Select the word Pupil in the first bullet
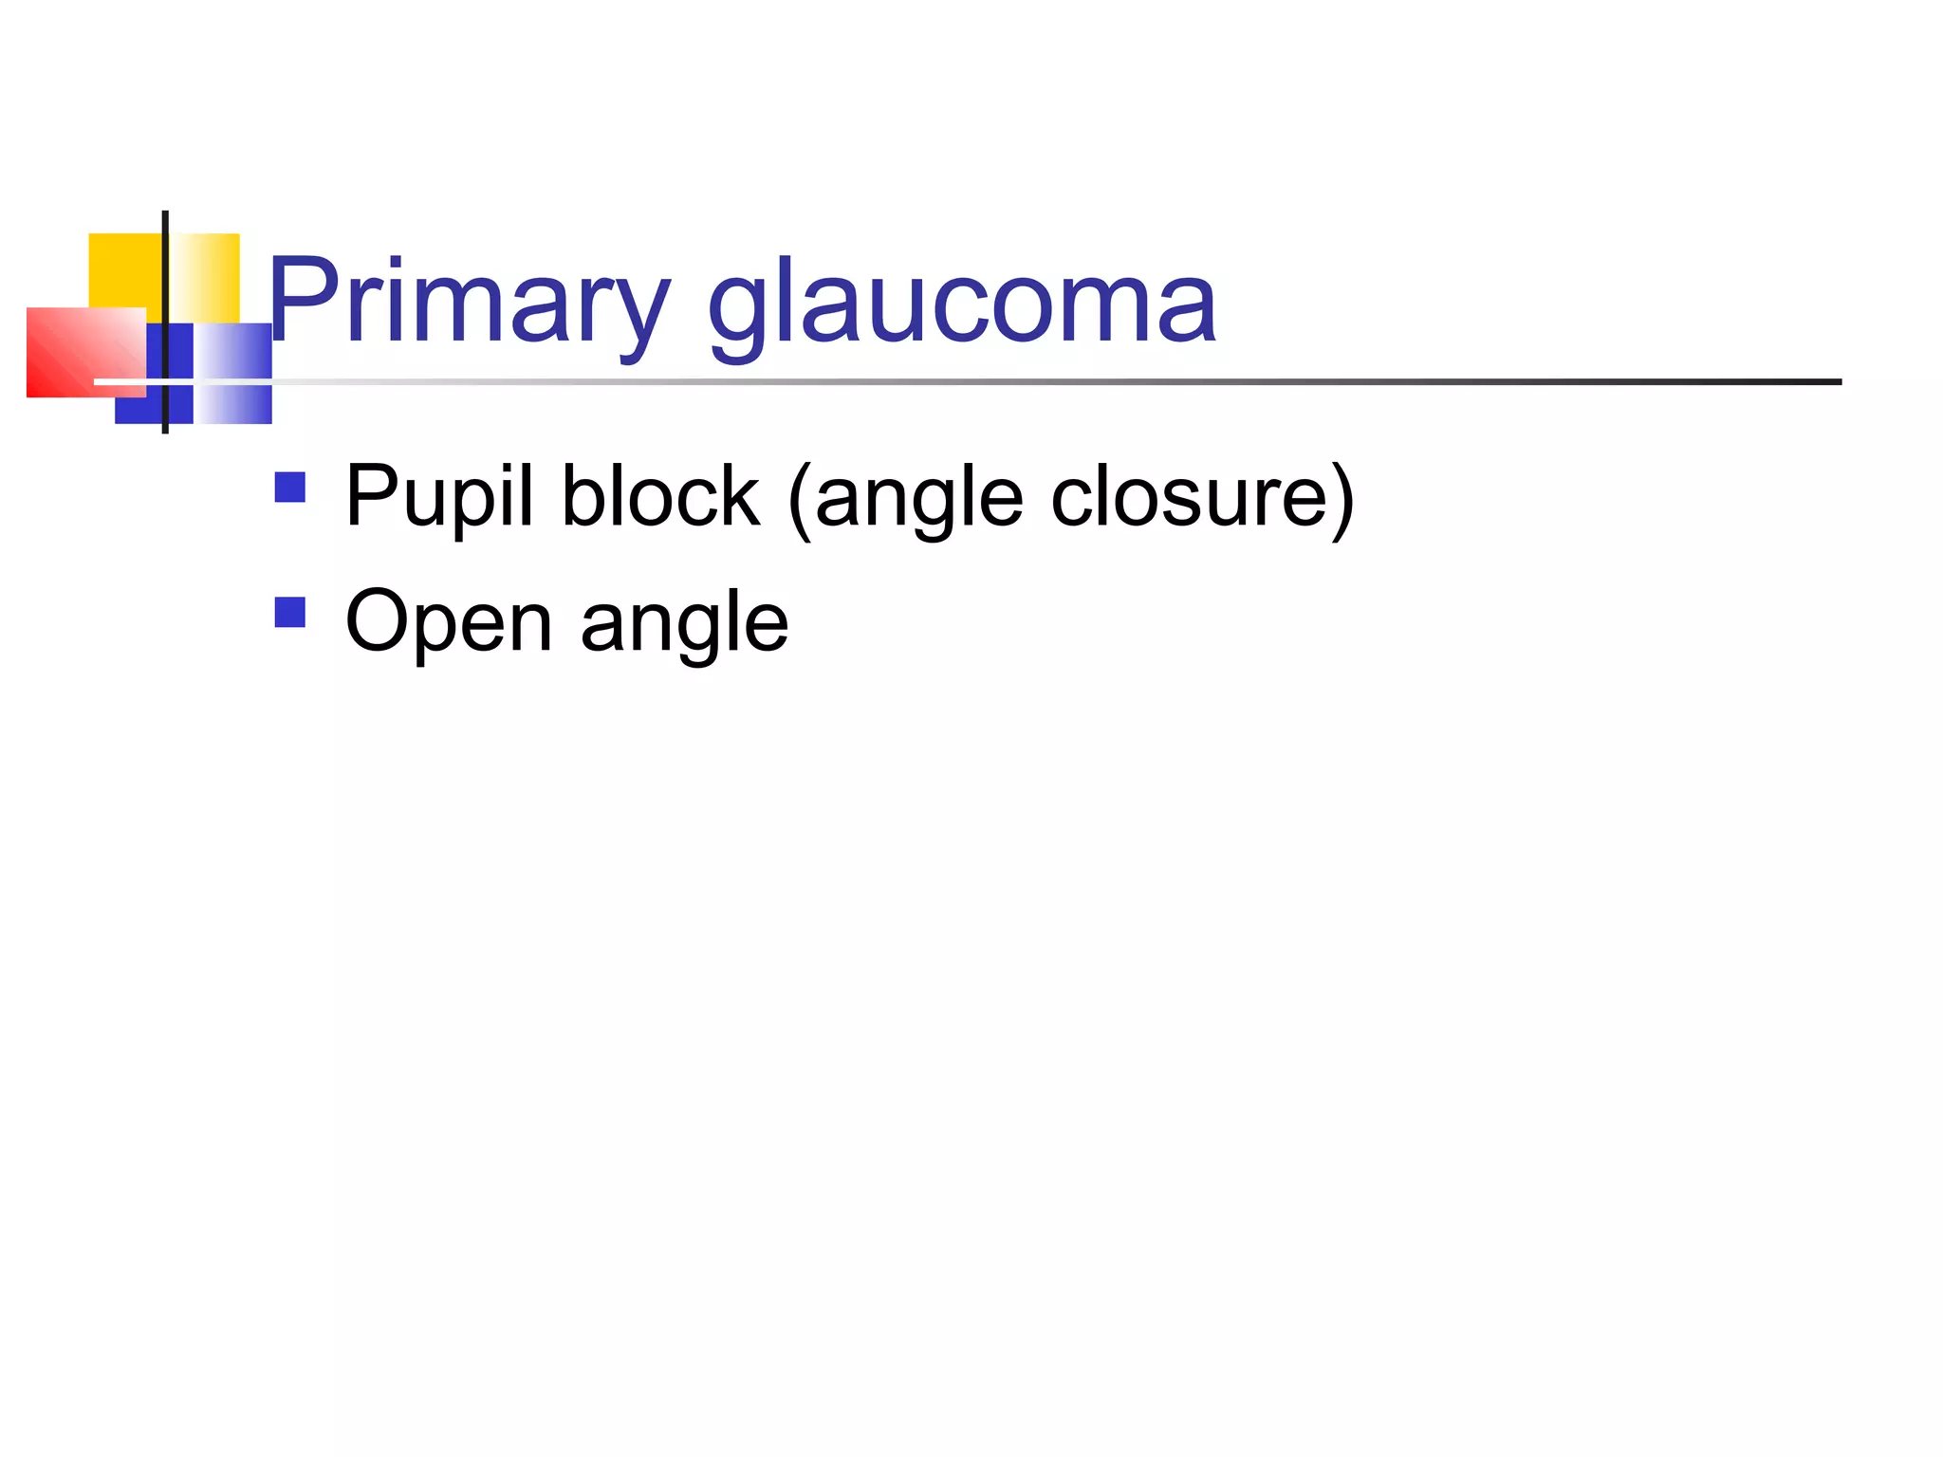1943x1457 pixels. click(x=439, y=497)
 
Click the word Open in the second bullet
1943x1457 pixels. click(x=448, y=622)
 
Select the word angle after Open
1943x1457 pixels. click(x=684, y=624)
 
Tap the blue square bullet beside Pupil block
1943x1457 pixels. click(x=289, y=488)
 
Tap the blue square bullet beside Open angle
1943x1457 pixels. click(x=289, y=612)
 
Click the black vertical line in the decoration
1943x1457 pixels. click(x=165, y=285)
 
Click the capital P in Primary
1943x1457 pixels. click(x=301, y=300)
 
